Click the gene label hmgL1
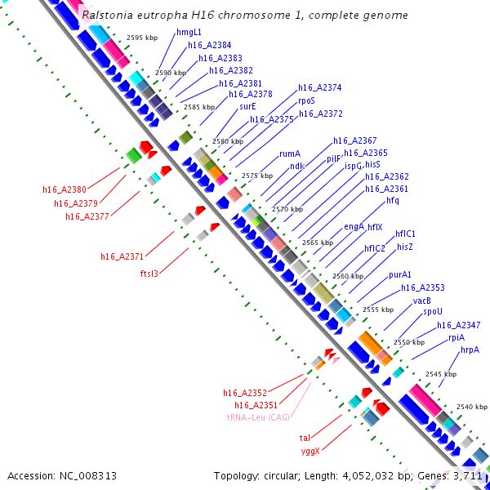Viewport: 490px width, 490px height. point(189,32)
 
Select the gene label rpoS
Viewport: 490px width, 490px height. point(307,100)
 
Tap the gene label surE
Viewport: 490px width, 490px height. point(248,106)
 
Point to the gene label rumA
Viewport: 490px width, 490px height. point(290,153)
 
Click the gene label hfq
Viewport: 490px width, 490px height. point(393,200)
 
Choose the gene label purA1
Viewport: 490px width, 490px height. point(400,274)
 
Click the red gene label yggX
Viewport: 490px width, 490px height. point(310,451)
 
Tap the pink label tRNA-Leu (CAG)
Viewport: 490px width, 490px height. point(259,416)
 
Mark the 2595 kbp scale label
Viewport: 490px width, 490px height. point(142,38)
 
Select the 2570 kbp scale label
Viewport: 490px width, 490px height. point(287,209)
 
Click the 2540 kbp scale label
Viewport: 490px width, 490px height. point(472,406)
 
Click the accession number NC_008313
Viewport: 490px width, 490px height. point(62,475)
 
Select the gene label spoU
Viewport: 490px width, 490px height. point(433,312)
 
